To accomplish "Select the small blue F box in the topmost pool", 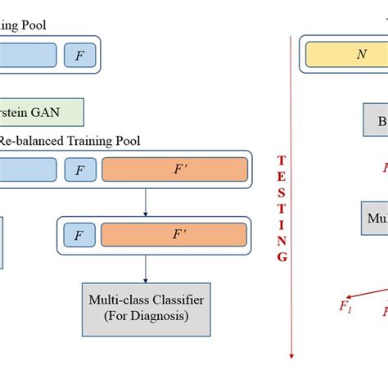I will tap(79, 55).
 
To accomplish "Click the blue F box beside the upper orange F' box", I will tap(79, 170).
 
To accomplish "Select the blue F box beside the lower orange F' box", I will tap(79, 236).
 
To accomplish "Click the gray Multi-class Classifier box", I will tap(145, 308).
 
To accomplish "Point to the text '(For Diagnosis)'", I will tap(145, 316).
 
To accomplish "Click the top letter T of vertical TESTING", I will tap(282, 160).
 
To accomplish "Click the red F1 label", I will tap(345, 307).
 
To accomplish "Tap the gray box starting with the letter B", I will tap(375, 120).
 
